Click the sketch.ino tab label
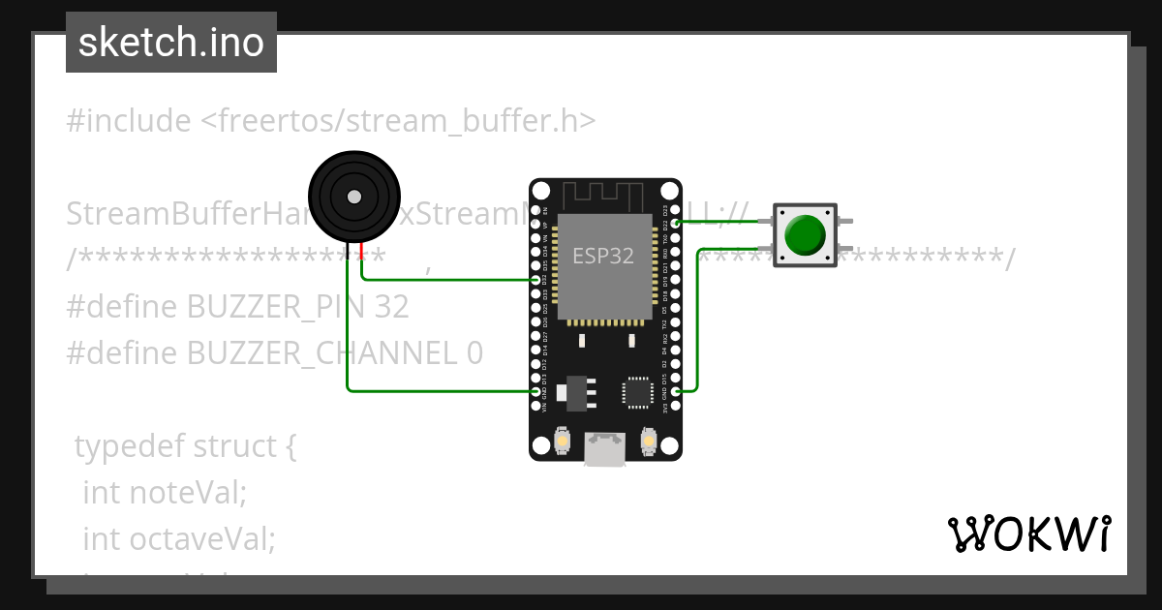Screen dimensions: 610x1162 [x=170, y=43]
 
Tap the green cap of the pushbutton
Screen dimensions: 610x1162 [x=805, y=234]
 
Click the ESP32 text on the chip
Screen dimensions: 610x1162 [x=603, y=256]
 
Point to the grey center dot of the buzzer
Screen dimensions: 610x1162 [x=354, y=197]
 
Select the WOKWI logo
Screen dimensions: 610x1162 [x=1028, y=534]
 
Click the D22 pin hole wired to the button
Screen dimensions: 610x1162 [x=676, y=223]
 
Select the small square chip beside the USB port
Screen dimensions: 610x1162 [x=638, y=391]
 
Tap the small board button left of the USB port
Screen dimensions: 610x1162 [x=561, y=442]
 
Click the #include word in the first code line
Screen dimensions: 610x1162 [x=128, y=121]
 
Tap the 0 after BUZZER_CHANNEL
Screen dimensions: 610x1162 [x=474, y=352]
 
